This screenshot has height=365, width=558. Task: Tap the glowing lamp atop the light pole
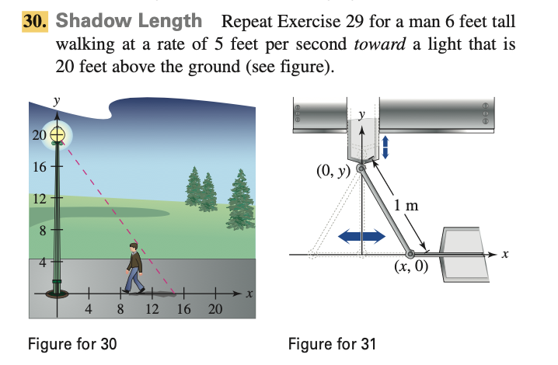click(x=57, y=134)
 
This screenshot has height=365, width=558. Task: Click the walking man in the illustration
click(x=135, y=268)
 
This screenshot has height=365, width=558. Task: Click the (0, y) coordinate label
click(x=335, y=170)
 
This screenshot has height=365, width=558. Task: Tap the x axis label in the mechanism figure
click(x=504, y=255)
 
